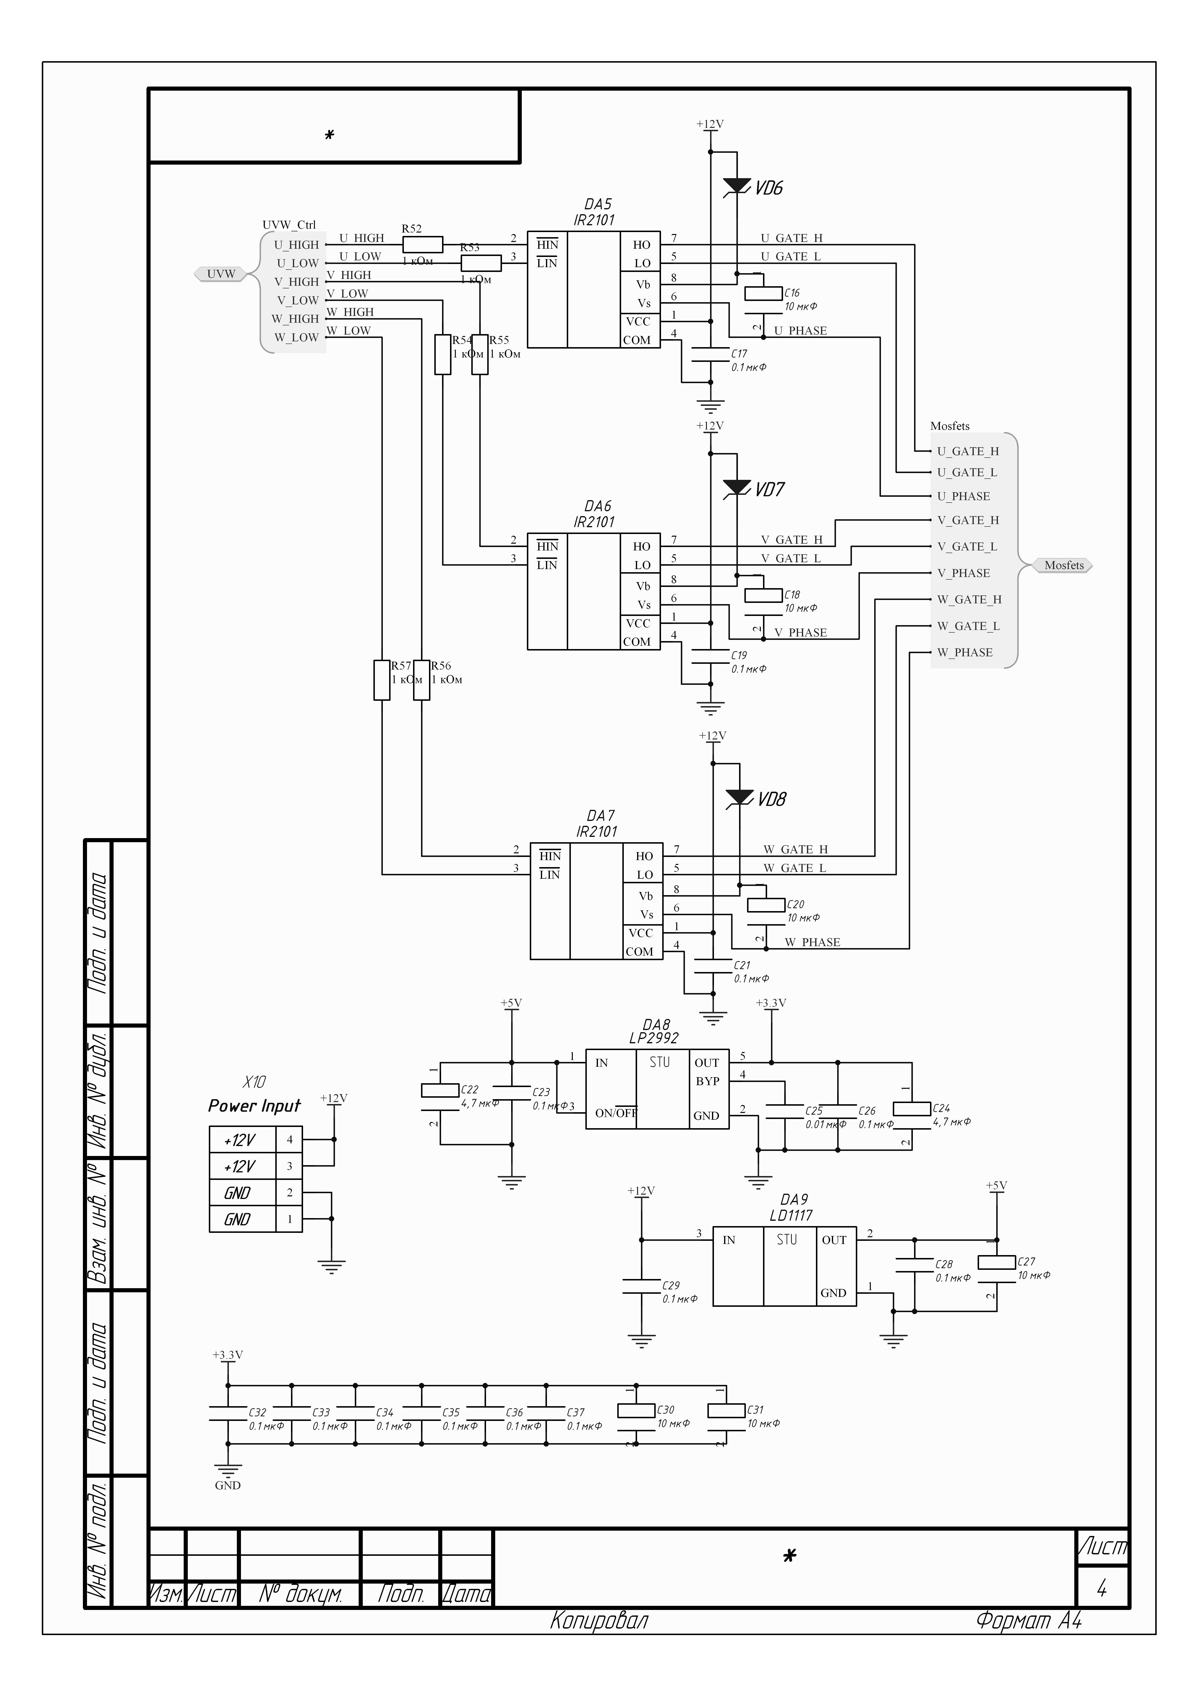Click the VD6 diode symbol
(x=737, y=187)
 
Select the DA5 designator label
(x=598, y=204)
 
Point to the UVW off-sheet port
(x=220, y=274)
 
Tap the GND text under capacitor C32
(x=227, y=1485)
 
